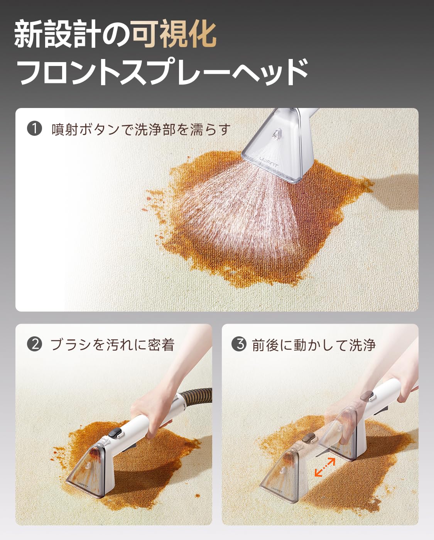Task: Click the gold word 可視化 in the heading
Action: [x=174, y=34]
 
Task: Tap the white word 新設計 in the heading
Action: [x=57, y=34]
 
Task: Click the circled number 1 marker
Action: [x=34, y=129]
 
